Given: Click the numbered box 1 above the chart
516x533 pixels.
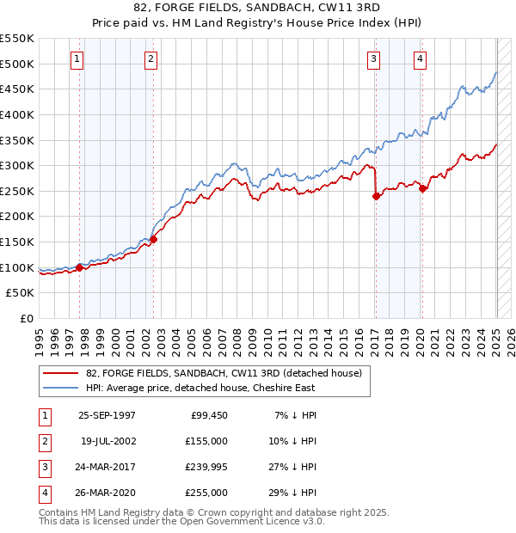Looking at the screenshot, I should [77, 59].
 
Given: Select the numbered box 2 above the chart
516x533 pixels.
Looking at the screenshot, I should [150, 59].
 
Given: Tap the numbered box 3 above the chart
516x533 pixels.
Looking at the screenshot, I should [374, 59].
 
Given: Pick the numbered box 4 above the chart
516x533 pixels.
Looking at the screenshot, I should [420, 59].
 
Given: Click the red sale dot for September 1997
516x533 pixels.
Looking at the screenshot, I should [80, 267].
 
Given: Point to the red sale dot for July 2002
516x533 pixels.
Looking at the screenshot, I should [153, 239].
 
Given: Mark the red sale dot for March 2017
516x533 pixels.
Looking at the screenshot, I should [376, 196].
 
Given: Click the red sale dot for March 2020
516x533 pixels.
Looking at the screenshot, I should [422, 188].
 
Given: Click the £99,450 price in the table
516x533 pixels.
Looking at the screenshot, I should [208, 415].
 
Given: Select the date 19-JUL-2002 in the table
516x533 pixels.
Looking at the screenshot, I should [107, 442].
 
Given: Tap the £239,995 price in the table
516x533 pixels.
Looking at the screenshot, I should [206, 468].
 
